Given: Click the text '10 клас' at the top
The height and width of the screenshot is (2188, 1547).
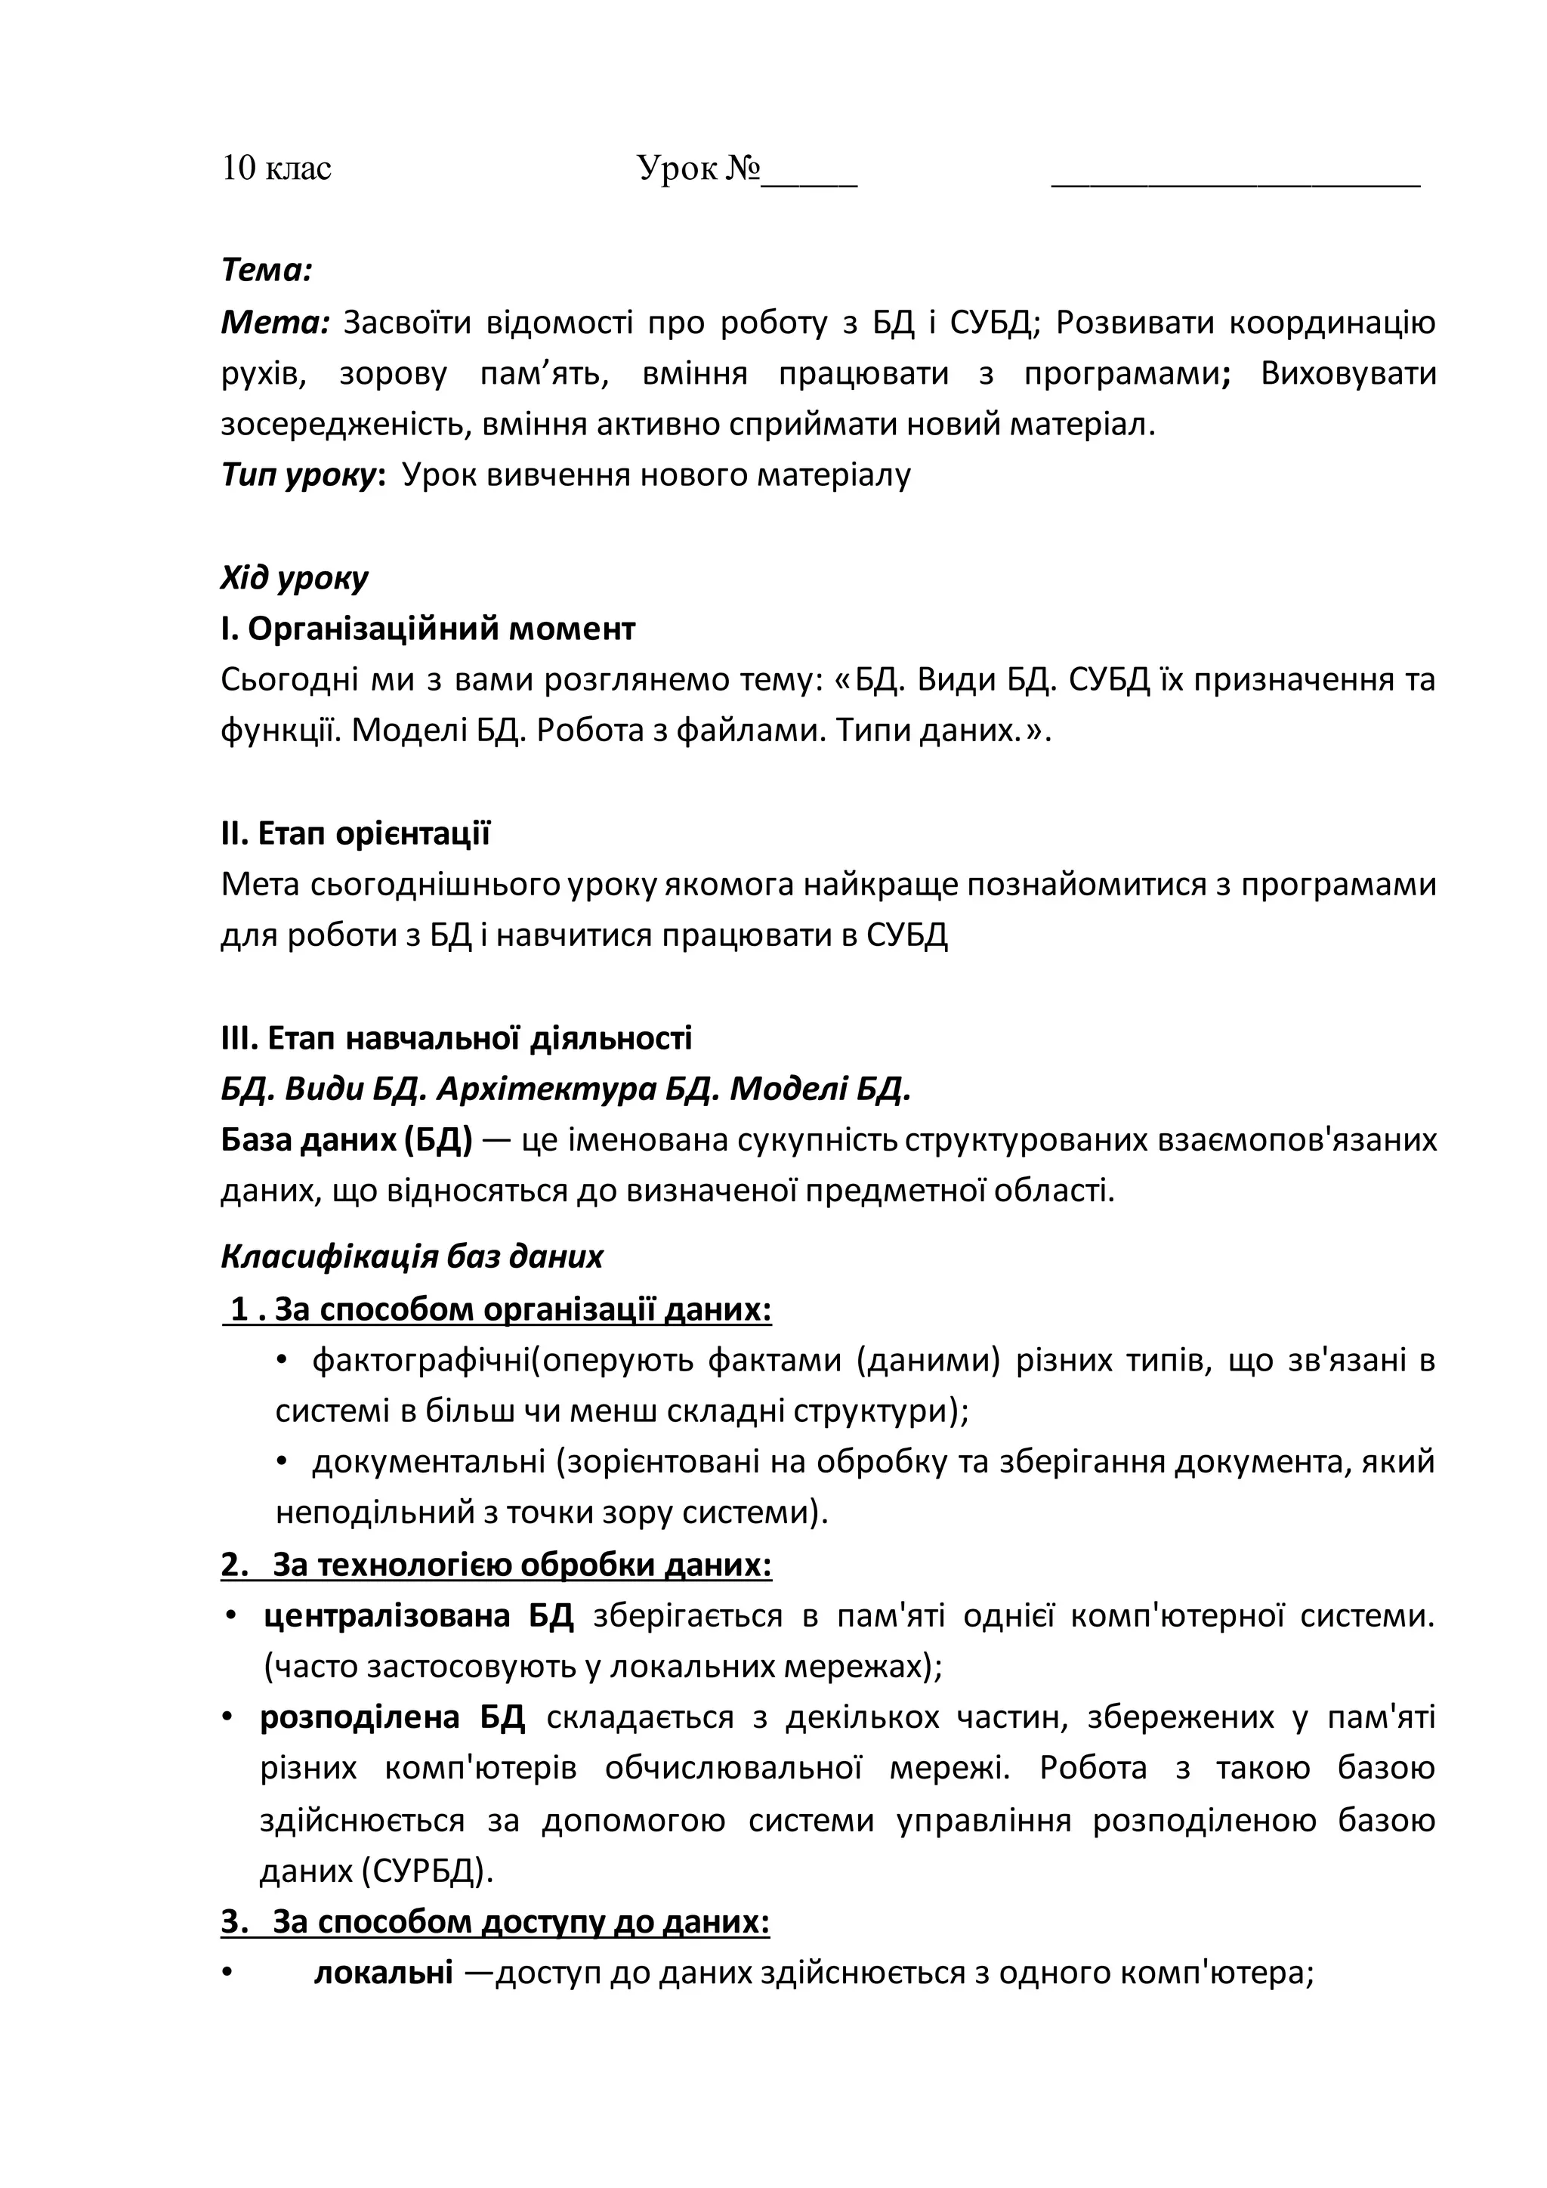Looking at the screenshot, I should click(276, 168).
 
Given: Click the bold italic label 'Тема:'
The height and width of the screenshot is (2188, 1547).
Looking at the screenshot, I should click(267, 271).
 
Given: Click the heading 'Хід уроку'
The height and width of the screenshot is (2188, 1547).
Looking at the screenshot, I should click(295, 577).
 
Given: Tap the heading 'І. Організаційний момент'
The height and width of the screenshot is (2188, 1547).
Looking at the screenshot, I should click(428, 629).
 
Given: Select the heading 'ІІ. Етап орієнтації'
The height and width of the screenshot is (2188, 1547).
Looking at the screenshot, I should click(355, 834).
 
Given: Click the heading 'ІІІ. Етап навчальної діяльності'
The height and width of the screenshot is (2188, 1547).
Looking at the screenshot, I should click(456, 1038).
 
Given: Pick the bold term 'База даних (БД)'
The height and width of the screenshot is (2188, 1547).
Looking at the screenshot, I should click(347, 1141).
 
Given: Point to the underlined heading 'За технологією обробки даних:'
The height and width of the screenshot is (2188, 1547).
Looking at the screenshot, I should click(521, 1565).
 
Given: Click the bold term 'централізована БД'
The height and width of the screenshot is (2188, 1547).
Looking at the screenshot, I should click(418, 1616).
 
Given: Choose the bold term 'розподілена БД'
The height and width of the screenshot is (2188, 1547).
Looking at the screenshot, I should click(393, 1718).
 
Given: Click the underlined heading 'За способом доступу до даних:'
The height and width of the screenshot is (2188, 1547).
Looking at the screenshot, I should click(520, 1922).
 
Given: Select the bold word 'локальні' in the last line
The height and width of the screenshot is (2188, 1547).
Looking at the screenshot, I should click(383, 1973).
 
